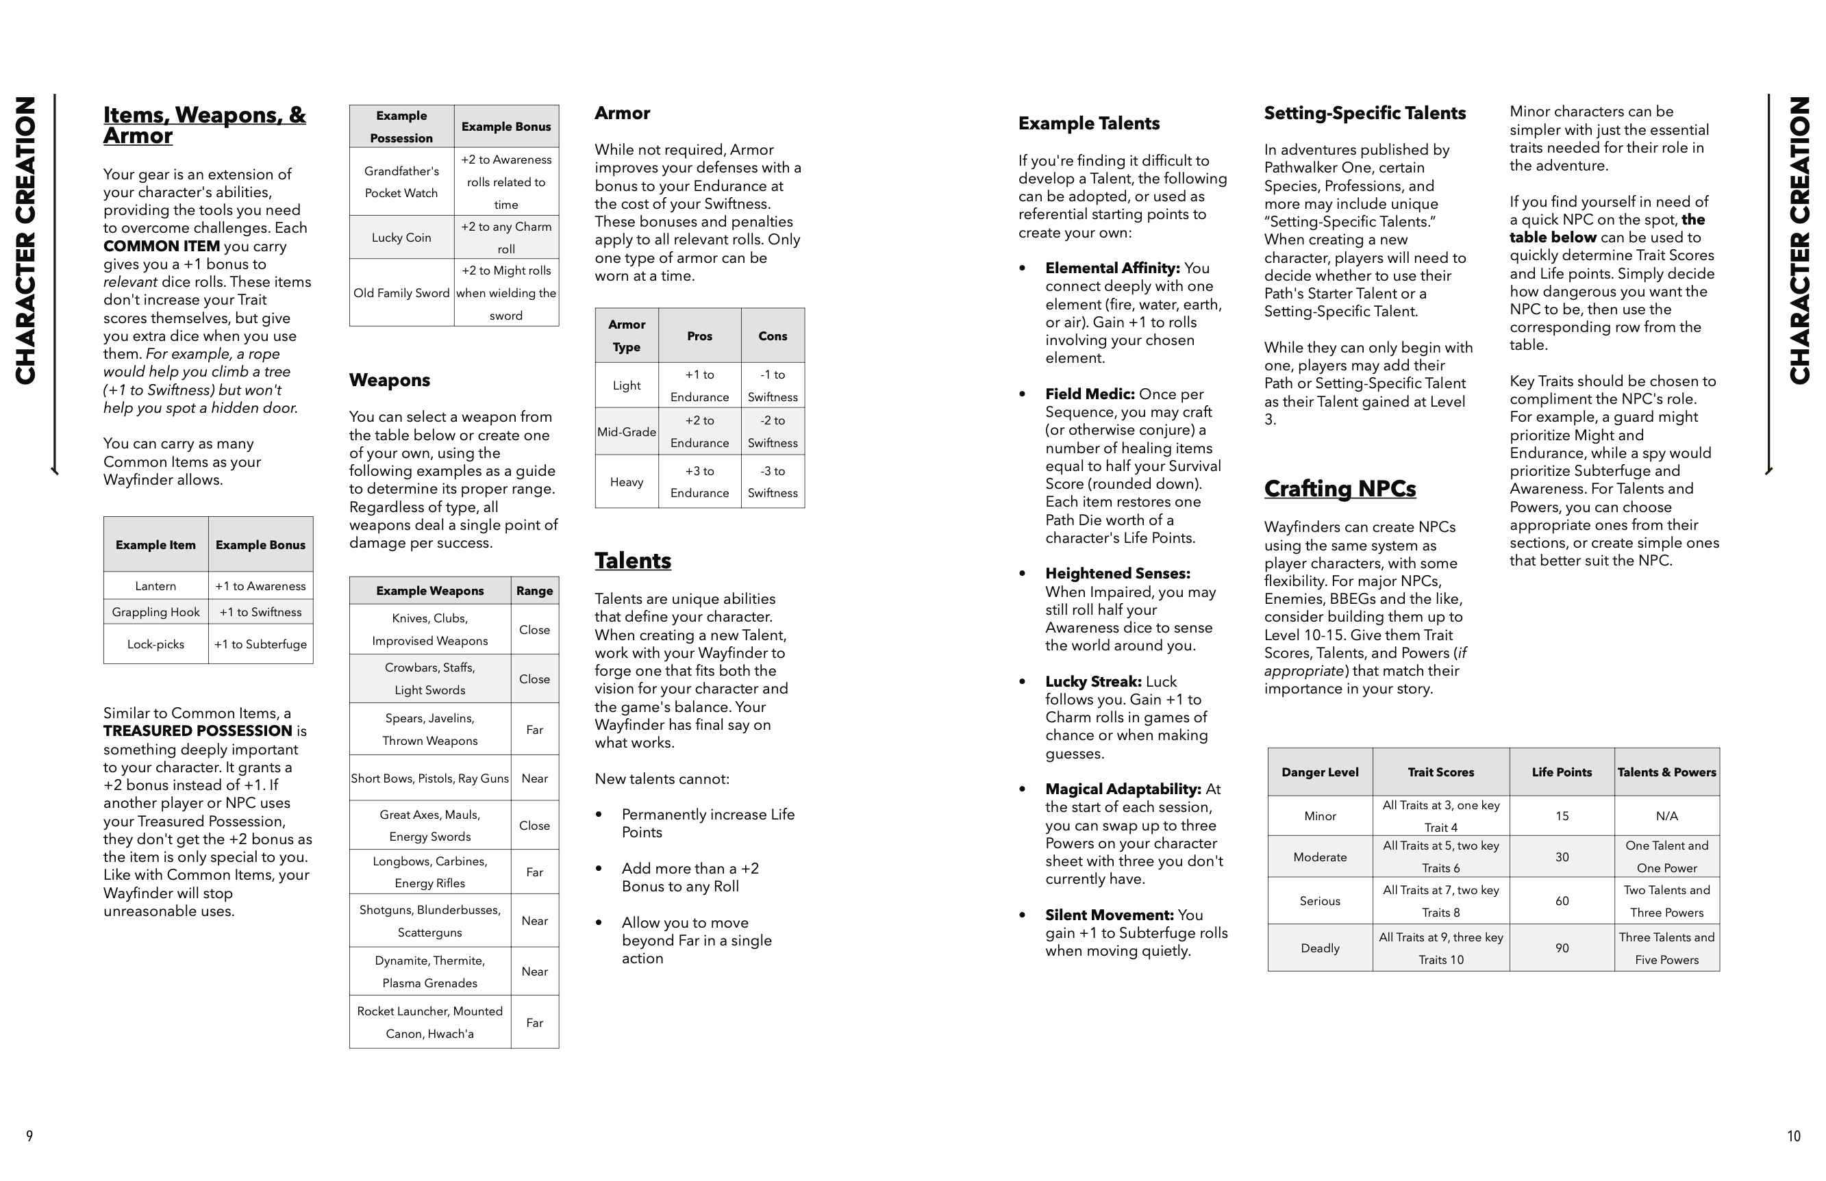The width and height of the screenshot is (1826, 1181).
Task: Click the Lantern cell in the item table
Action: (155, 586)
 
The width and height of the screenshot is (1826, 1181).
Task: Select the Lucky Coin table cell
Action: (401, 238)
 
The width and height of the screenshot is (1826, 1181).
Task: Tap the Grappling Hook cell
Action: (155, 612)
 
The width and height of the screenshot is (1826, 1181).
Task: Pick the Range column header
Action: (534, 590)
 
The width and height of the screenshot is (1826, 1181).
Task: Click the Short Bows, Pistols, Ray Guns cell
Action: (429, 778)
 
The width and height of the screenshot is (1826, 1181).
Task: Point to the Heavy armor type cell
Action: (626, 481)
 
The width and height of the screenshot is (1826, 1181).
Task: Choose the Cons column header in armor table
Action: (773, 336)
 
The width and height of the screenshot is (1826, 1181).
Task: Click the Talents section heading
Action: (632, 561)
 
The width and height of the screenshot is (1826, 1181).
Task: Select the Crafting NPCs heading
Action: (1340, 489)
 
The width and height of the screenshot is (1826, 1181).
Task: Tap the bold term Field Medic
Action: (1090, 394)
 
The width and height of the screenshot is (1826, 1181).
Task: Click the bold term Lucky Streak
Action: (1093, 682)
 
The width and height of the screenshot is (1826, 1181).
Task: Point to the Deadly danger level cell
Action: (1320, 948)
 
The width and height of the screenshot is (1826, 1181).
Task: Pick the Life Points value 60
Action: (1562, 901)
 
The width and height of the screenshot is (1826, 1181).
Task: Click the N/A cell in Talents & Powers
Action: (1666, 816)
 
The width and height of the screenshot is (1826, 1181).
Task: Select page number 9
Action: (29, 1136)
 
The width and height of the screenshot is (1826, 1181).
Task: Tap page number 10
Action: (1793, 1136)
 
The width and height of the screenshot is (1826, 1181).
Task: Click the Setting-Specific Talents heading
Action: (1364, 114)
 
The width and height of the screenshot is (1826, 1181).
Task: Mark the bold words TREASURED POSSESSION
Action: (198, 731)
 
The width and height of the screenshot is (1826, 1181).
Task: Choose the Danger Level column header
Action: (1320, 772)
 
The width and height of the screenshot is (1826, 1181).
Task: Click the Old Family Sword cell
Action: (401, 293)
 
